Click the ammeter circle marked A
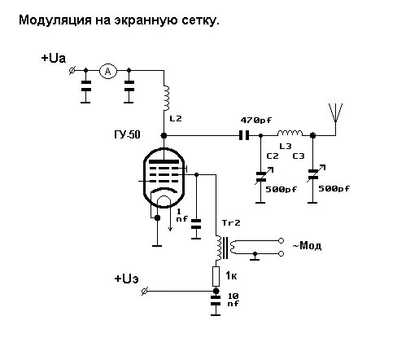(107, 72)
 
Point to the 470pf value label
(256, 120)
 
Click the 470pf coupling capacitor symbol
(243, 135)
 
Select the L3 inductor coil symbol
(289, 134)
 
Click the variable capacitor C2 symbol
(260, 173)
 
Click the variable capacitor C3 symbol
(313, 173)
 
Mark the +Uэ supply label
(131, 279)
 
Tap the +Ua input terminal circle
(74, 72)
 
